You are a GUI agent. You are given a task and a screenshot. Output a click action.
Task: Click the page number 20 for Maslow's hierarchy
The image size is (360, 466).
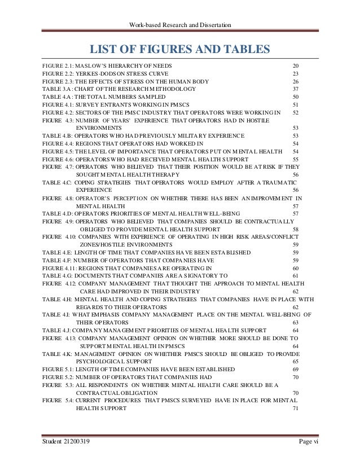[x=295, y=67]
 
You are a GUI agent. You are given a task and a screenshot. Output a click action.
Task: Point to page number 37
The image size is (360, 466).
[x=295, y=89]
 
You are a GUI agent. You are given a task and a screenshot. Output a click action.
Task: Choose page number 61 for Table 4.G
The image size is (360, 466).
[x=295, y=275]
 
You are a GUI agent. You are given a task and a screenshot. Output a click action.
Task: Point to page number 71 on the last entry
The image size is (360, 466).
[x=295, y=408]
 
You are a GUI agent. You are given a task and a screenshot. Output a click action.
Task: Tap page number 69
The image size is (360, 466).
[x=295, y=369]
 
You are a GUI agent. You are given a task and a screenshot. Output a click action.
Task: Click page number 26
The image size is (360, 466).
[x=295, y=81]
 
